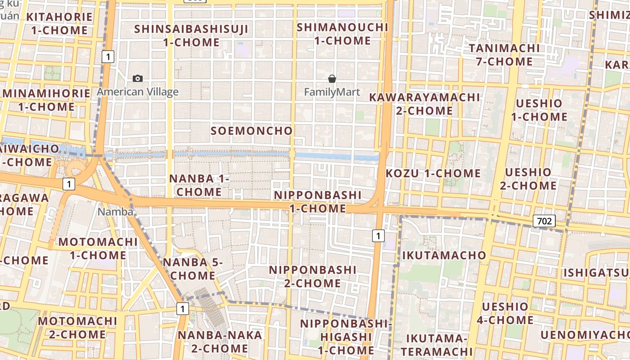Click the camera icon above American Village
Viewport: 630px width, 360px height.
click(x=138, y=79)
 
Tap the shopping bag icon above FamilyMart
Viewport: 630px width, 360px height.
click(x=332, y=79)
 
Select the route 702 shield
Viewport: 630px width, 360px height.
click(x=544, y=221)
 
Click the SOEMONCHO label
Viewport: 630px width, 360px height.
click(x=252, y=131)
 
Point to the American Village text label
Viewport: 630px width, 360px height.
click(x=138, y=92)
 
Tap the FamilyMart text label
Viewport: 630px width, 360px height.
click(x=332, y=92)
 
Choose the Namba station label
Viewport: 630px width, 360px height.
click(x=115, y=211)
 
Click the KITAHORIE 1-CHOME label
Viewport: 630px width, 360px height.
click(x=59, y=24)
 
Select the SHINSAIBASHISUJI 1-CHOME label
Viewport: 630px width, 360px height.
click(x=191, y=36)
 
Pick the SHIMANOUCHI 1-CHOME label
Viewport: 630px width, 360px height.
click(x=342, y=34)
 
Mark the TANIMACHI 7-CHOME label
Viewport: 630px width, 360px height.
click(x=504, y=54)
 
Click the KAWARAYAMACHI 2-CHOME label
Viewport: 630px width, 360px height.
click(x=424, y=104)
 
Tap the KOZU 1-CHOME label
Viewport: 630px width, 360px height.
click(x=433, y=173)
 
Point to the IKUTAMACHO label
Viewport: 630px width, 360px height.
click(x=444, y=255)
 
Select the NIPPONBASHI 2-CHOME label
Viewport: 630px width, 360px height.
click(x=313, y=276)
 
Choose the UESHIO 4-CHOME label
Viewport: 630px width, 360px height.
click(x=505, y=313)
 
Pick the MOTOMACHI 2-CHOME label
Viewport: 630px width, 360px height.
click(x=77, y=328)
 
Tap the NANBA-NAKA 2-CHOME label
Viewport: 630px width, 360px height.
click(x=220, y=342)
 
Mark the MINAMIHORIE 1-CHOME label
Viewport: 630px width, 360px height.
click(x=46, y=100)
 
